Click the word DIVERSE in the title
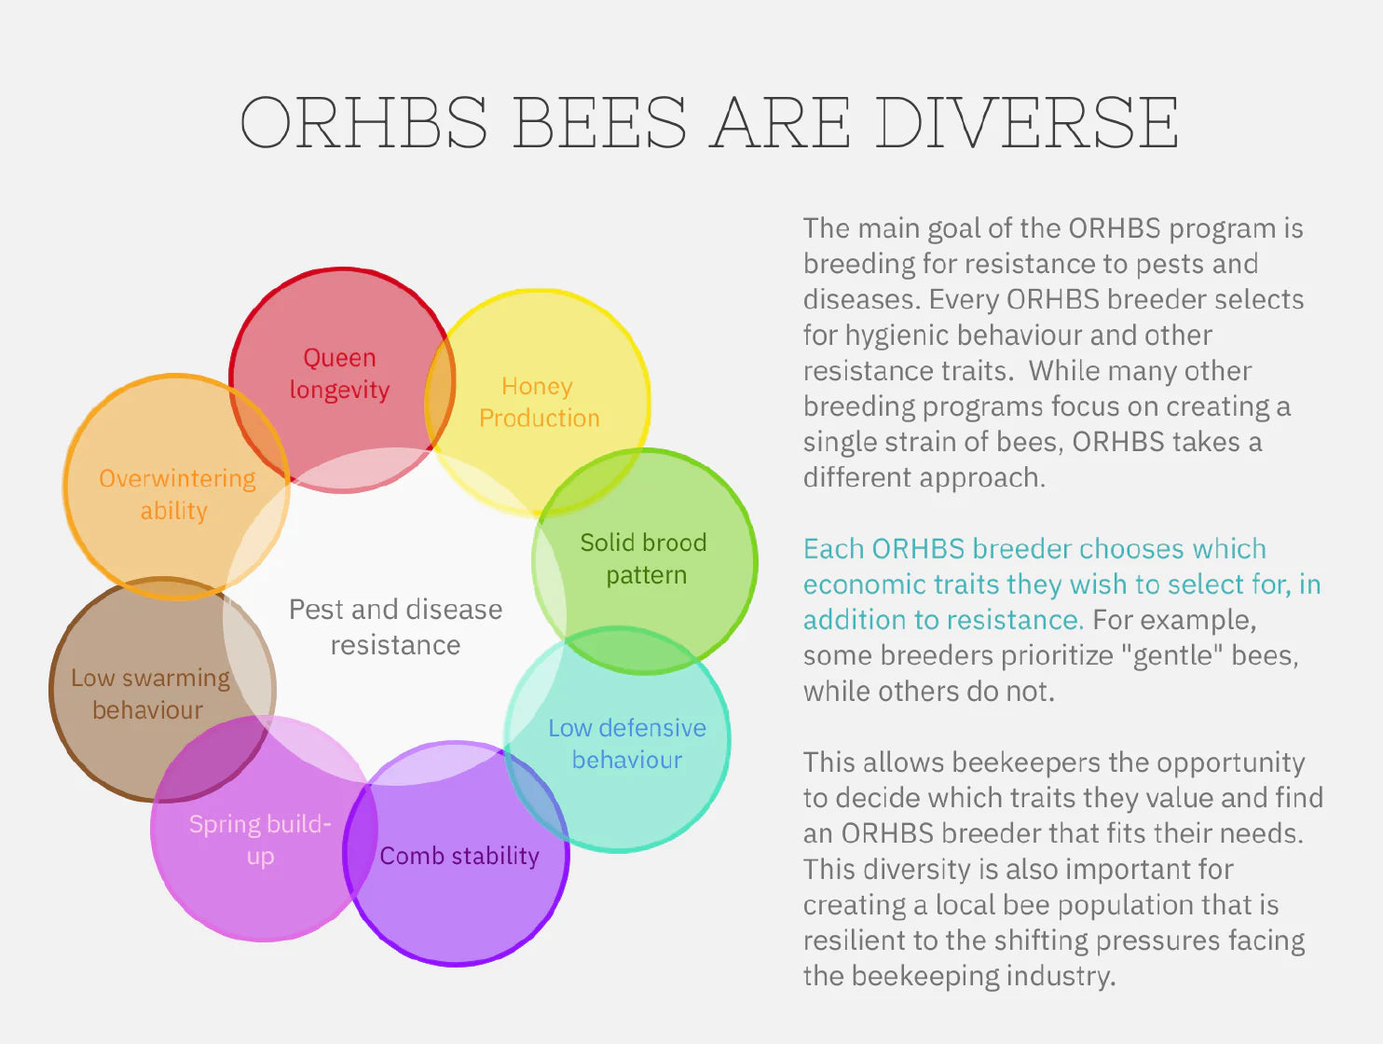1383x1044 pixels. pos(1027,122)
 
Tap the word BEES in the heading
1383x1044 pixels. pos(600,122)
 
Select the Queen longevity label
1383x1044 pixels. pos(339,374)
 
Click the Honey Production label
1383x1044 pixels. pos(539,402)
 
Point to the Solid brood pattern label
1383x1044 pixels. pos(644,559)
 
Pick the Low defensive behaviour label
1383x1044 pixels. pos(627,744)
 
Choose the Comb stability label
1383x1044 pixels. pos(459,856)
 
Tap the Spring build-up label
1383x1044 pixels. pos(260,840)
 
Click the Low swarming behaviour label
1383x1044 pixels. pos(150,694)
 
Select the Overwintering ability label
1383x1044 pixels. pos(177,495)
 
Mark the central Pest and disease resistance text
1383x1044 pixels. pos(396,627)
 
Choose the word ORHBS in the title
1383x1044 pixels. pos(363,122)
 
